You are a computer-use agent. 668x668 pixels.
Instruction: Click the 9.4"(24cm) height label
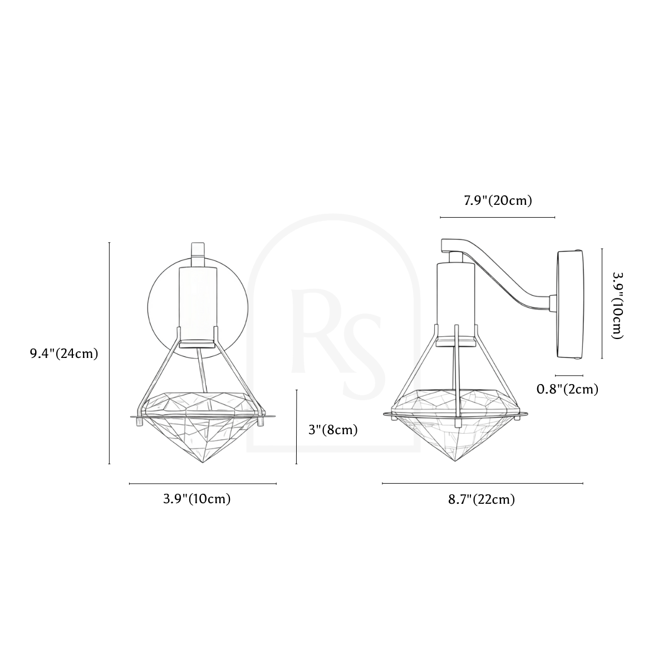[64, 353]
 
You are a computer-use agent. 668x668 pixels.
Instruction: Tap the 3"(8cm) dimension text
[333, 430]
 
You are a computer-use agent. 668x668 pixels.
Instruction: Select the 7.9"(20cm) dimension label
[498, 201]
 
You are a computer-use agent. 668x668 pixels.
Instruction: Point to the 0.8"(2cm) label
[567, 390]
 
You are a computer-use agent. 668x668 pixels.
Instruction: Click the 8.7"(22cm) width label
[482, 499]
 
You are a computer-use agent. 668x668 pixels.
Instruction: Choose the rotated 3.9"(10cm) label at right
[617, 305]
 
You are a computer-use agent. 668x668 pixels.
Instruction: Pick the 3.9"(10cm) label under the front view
[197, 499]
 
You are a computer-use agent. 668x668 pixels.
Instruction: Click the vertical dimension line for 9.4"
[110, 353]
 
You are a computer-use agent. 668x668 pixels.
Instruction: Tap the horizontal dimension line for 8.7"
[483, 483]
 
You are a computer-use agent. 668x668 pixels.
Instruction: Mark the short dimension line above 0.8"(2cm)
[569, 375]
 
